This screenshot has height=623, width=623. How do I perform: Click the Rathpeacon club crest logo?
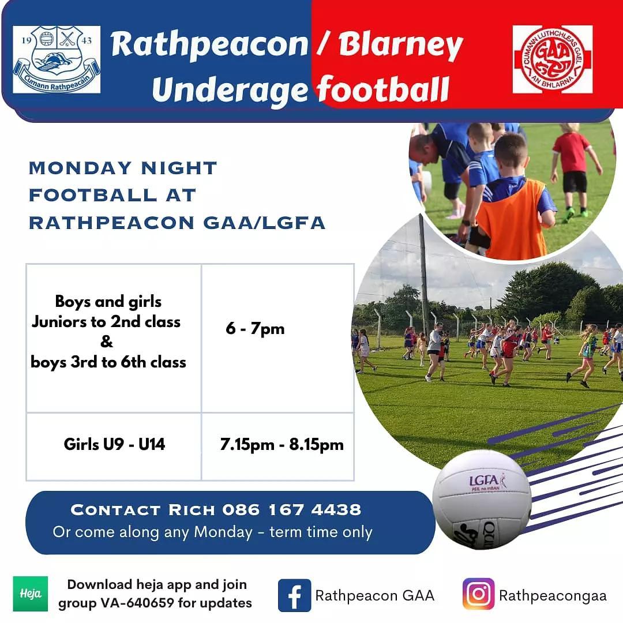57,59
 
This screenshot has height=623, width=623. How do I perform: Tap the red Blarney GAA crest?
552,59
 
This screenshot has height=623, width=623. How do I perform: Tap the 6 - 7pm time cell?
255,329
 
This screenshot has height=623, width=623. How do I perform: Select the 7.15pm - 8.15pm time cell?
282,445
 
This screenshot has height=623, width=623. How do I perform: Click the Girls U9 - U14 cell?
114,444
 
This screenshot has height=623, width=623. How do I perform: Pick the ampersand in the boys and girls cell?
107,341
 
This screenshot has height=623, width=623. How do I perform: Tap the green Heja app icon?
30,594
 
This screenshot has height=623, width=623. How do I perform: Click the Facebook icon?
294,595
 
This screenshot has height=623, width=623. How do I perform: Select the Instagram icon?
478,594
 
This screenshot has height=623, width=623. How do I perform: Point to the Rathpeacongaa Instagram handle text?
553,595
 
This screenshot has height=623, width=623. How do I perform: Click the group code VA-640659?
137,603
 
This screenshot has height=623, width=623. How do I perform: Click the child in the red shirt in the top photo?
573,167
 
